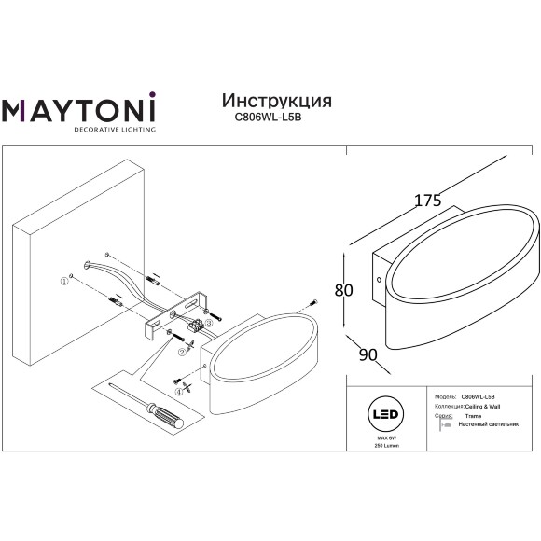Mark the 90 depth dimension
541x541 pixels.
coord(368,355)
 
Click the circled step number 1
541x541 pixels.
coord(65,280)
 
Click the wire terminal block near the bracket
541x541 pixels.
coord(197,326)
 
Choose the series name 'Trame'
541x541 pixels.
coord(472,416)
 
